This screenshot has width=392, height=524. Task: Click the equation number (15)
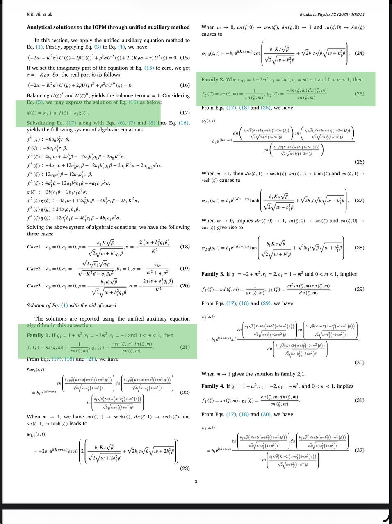point(185,58)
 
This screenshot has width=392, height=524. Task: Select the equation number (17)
point(185,113)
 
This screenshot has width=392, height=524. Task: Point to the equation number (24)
point(359,53)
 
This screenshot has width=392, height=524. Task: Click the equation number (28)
point(359,248)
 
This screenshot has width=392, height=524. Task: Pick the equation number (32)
point(359,450)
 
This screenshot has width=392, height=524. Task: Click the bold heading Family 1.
point(38,335)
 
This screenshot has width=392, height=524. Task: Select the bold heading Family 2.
point(213,80)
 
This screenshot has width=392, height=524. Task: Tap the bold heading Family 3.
point(213,274)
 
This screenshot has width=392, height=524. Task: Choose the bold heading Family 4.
point(213,386)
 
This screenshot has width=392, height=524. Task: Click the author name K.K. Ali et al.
point(39,14)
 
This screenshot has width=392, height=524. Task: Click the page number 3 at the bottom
point(196,481)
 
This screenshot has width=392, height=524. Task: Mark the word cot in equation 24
point(257,53)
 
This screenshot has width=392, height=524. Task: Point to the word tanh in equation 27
point(255,201)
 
